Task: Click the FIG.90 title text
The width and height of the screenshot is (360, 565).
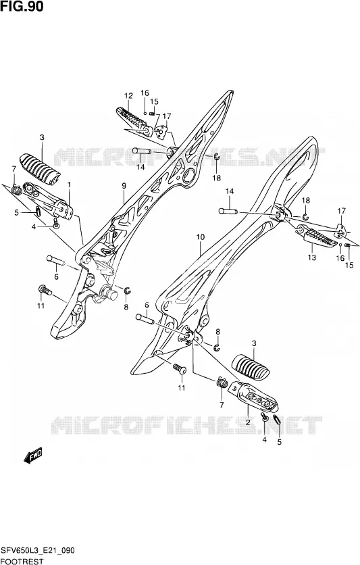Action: (x=22, y=7)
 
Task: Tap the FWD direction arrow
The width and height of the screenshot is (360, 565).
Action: (x=33, y=455)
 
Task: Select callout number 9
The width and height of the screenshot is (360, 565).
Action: (x=124, y=186)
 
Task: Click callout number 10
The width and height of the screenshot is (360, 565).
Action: (x=200, y=237)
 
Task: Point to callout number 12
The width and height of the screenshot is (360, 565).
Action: (x=128, y=96)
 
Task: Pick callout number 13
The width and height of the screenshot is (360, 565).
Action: (x=312, y=257)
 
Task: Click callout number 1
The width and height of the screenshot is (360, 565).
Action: (x=69, y=184)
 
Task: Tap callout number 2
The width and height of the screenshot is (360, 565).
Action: (x=248, y=422)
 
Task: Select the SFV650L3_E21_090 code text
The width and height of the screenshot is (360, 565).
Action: (x=38, y=551)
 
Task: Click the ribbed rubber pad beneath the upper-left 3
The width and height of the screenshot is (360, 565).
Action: (x=40, y=170)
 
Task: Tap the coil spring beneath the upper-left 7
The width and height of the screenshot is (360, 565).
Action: (x=16, y=189)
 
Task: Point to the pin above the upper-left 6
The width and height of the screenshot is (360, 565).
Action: (x=55, y=260)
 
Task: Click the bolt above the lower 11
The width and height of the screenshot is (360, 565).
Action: (x=180, y=368)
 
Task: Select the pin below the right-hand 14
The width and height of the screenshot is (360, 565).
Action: (x=228, y=211)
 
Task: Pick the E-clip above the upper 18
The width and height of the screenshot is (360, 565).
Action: (x=216, y=156)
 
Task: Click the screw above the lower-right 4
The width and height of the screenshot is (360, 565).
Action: (x=265, y=417)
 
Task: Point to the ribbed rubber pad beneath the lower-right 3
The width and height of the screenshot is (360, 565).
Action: (x=251, y=367)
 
